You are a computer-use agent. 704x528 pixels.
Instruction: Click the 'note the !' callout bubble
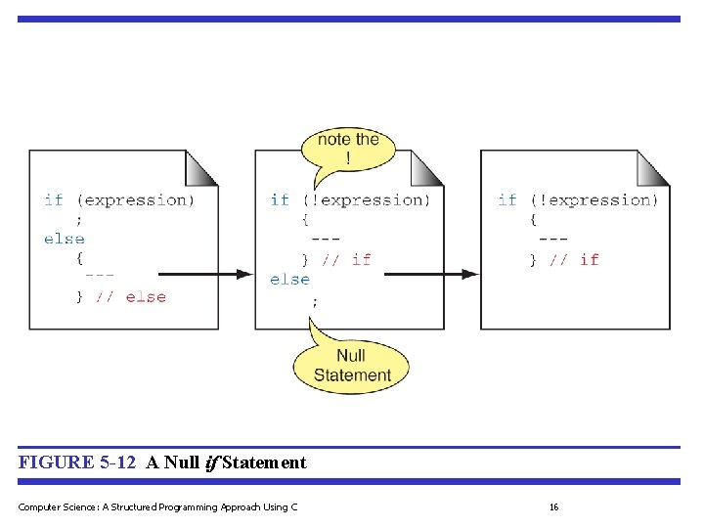tap(348, 150)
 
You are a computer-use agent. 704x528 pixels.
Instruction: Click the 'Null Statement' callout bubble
tap(351, 365)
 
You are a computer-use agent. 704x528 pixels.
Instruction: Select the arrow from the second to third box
tap(430, 275)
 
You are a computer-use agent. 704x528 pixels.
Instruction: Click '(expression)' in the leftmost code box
tap(136, 199)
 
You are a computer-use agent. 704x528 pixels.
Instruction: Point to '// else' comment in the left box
tap(131, 297)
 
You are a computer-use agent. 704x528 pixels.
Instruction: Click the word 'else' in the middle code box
tap(289, 280)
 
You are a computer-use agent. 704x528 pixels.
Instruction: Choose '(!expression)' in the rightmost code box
tap(594, 199)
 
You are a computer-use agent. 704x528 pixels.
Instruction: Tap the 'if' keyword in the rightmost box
tap(506, 199)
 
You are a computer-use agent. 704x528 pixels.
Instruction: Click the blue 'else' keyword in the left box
tap(65, 239)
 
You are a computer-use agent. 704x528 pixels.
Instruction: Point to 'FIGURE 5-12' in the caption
tap(78, 462)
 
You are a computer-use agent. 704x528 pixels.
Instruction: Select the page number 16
tap(553, 506)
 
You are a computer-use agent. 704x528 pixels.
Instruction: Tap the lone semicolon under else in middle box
tap(314, 301)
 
